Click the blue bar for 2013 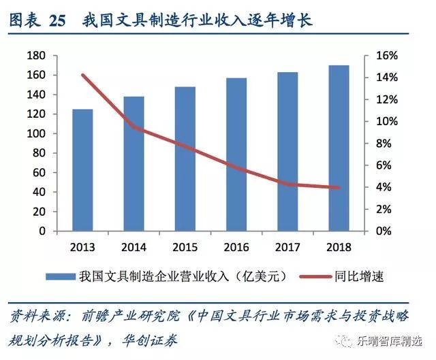click(82, 170)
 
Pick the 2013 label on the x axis click(82, 246)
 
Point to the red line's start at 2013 click(82, 75)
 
